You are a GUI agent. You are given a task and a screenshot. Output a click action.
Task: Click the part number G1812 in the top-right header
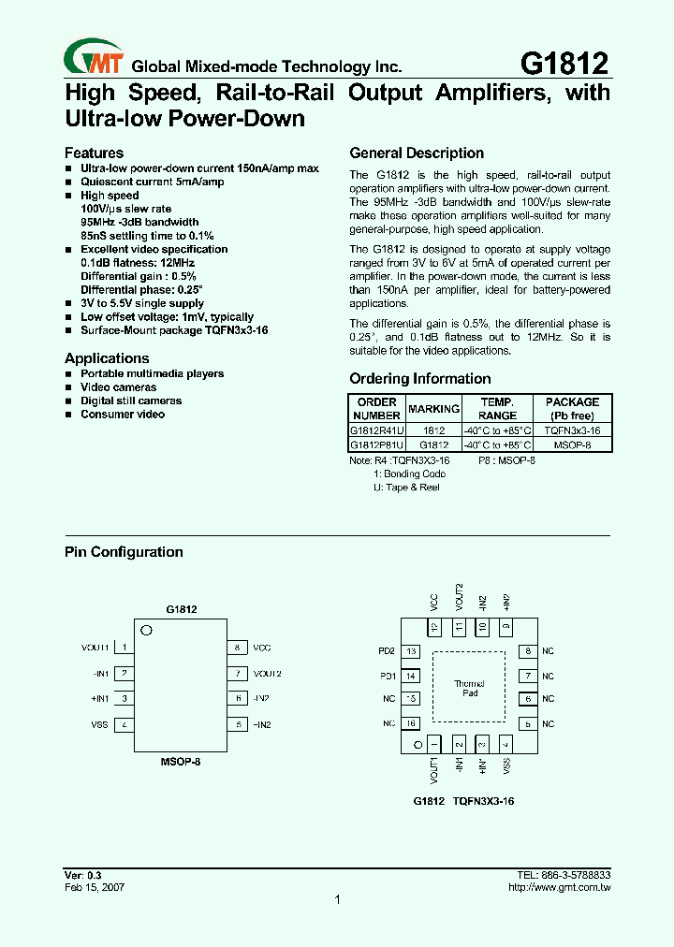[x=564, y=63]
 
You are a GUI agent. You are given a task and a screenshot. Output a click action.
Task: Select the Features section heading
[x=94, y=153]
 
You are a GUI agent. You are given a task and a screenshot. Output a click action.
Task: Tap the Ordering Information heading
[x=419, y=379]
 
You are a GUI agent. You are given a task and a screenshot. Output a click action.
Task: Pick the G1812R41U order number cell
[x=376, y=430]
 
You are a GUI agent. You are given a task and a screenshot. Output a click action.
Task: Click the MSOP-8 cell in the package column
[x=571, y=444]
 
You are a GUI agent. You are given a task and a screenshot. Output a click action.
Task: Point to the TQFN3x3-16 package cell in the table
[x=571, y=430]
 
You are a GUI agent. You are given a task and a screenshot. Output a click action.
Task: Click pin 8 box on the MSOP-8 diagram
[x=238, y=648]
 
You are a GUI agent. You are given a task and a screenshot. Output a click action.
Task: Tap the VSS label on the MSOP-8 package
[x=99, y=724]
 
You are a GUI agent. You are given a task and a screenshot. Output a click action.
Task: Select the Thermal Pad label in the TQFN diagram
[x=470, y=688]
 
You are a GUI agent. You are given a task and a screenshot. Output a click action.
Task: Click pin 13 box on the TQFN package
[x=411, y=651]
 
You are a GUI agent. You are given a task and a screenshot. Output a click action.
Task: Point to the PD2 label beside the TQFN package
[x=387, y=651]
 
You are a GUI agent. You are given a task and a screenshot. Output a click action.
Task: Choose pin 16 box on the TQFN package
[x=411, y=723]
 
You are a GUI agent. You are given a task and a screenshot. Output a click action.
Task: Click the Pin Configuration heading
[x=124, y=552]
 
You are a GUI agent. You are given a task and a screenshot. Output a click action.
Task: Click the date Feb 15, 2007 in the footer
[x=95, y=886]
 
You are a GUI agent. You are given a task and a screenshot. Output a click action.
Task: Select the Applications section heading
[x=107, y=358]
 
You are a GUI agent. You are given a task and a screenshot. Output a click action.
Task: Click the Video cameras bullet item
[x=118, y=387]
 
